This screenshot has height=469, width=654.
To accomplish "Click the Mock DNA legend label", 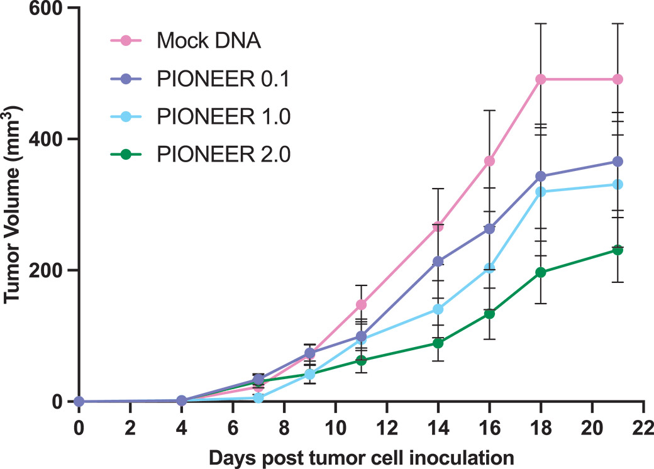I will click(208, 41).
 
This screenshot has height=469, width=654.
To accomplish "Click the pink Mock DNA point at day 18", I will click(540, 79).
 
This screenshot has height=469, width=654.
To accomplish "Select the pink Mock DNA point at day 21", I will click(618, 79).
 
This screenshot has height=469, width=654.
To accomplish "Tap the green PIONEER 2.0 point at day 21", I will click(618, 250).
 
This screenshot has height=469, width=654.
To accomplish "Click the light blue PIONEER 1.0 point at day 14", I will click(438, 309).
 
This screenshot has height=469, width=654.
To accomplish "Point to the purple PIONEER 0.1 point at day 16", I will click(489, 229).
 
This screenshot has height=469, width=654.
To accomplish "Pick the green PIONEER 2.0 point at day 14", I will click(438, 343).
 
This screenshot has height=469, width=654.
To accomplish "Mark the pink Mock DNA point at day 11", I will click(361, 305).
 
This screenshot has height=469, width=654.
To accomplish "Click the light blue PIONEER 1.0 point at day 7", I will click(258, 397).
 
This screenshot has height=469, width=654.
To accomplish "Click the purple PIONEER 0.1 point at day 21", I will click(618, 162).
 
